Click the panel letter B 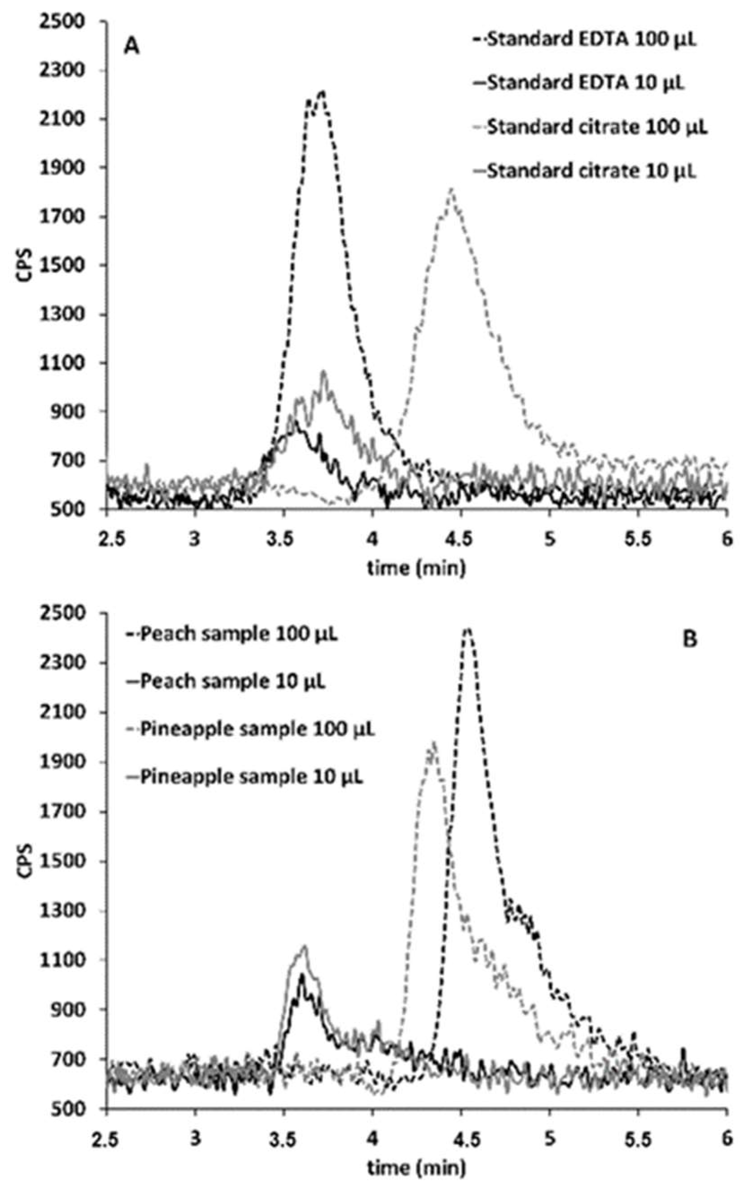point(690,640)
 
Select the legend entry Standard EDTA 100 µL point(585,40)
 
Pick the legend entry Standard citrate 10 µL point(585,171)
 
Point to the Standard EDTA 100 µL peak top point(322,92)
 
